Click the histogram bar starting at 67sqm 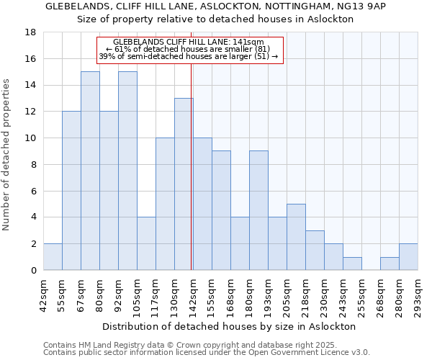pos(90,171)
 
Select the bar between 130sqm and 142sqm pos(184,184)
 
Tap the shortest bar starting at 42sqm pos(53,257)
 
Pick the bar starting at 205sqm pos(296,237)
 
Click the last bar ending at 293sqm pos(408,257)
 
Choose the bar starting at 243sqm pos(352,264)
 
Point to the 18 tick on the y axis pos(30,32)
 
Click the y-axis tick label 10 pos(30,138)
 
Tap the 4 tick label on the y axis pos(33,217)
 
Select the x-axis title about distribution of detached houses pos(229,326)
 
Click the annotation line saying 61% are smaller pos(189,49)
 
